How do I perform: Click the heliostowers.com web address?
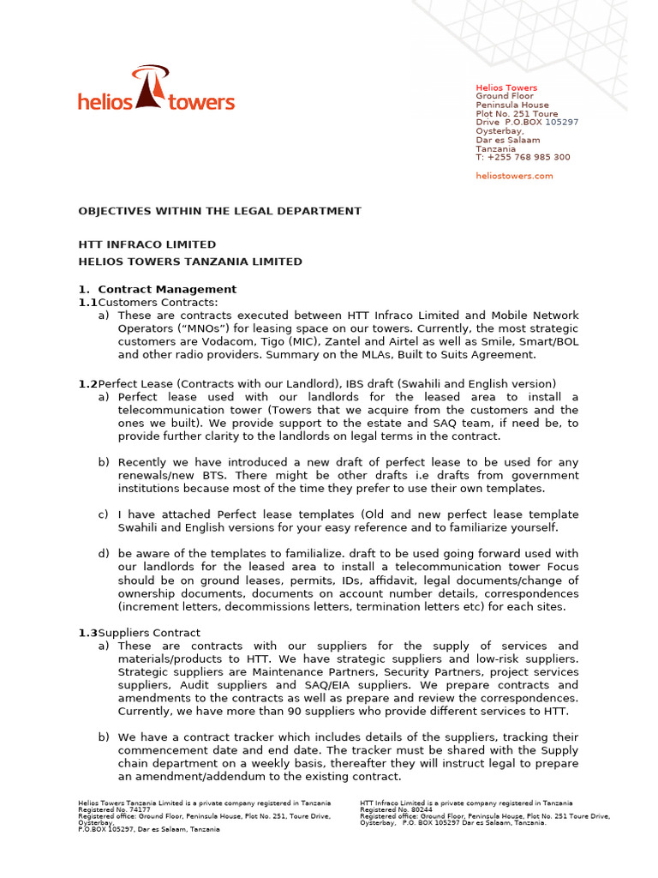pos(514,176)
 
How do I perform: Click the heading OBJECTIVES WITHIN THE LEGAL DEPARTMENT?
pos(220,211)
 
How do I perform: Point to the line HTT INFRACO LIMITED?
pos(147,244)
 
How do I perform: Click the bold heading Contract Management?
pos(167,289)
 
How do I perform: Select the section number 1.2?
pos(87,383)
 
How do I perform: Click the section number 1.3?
pos(87,633)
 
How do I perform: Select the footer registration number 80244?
pos(420,809)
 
